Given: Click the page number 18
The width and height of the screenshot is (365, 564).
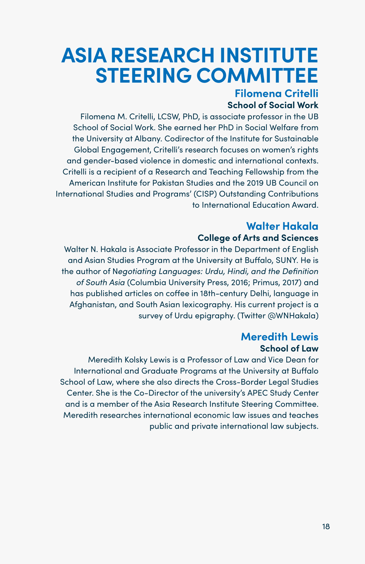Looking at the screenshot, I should (326, 527).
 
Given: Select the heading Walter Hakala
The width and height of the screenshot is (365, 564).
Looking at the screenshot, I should (282, 226).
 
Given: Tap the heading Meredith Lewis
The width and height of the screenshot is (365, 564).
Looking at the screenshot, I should (279, 336).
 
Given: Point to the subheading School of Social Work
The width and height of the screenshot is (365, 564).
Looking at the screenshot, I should (273, 105).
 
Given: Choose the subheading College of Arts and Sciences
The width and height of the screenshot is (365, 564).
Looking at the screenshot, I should (258, 238).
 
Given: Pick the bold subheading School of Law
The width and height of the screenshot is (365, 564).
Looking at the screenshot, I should (289, 348).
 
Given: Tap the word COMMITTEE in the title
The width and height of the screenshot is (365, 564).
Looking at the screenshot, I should (257, 75).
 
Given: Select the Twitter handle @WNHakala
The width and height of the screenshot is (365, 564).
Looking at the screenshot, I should (293, 316).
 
